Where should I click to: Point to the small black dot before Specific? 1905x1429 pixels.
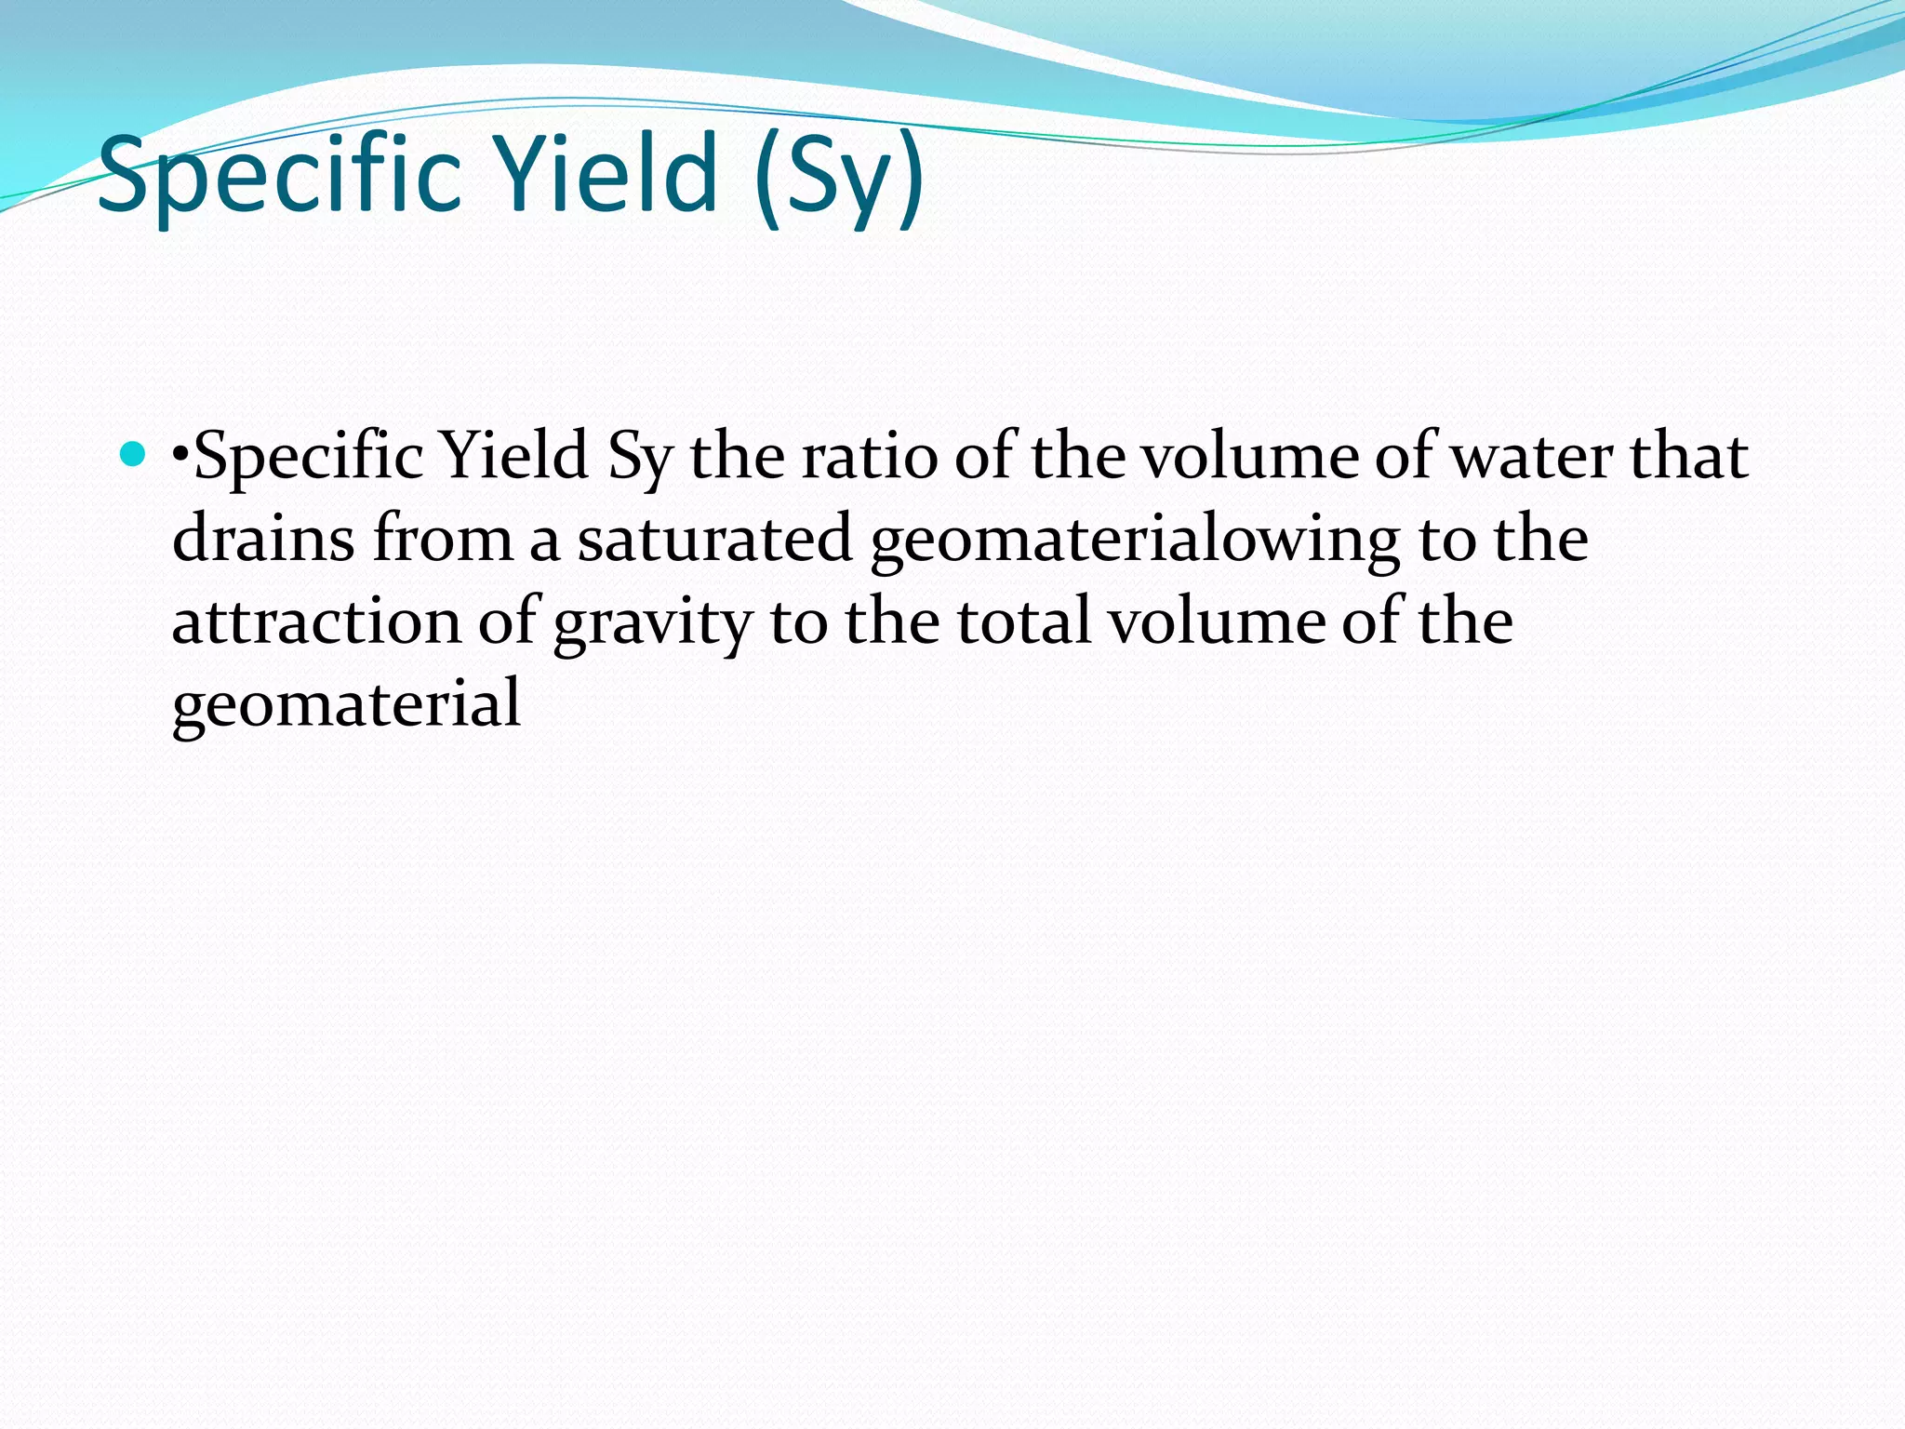point(180,457)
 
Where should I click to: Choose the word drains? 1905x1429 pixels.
point(263,539)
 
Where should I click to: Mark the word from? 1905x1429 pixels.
point(442,539)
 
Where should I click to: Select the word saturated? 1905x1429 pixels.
point(714,539)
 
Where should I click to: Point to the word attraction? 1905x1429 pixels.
point(316,621)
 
